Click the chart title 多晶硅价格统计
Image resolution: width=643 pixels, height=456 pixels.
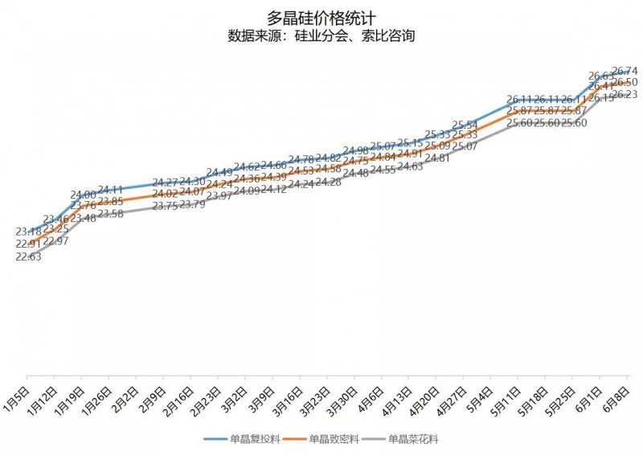pyautogui.click(x=321, y=18)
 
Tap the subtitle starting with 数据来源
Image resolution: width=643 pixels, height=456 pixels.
pyautogui.click(x=321, y=36)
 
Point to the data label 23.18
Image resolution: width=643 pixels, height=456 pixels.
pyautogui.click(x=29, y=232)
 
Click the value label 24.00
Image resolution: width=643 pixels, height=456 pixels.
pyautogui.click(x=84, y=195)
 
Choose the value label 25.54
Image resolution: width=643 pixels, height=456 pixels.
pyautogui.click(x=465, y=125)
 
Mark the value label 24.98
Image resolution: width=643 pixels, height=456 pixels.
pyautogui.click(x=356, y=150)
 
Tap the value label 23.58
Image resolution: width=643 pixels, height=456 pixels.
pyautogui.click(x=111, y=214)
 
